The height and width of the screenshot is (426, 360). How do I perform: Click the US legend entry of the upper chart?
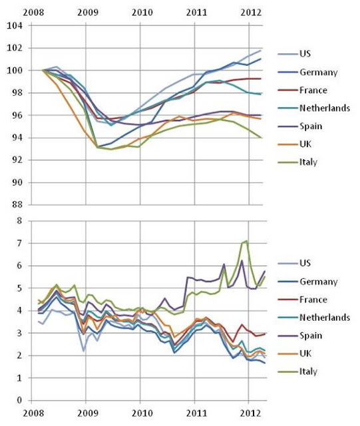tap(305, 54)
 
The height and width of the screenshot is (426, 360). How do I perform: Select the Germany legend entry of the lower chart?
tap(319, 282)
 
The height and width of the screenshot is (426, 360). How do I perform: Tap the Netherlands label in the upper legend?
tap(325, 108)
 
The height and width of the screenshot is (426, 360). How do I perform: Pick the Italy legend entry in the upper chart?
tap(308, 162)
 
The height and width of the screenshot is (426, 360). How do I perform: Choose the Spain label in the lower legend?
tap(311, 335)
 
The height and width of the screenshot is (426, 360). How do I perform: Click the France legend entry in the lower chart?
tap(313, 300)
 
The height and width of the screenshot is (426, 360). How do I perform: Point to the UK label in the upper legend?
tap(305, 144)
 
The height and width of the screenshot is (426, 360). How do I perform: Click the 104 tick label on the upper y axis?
tap(15, 25)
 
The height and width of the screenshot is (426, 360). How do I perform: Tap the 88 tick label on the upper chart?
tap(17, 204)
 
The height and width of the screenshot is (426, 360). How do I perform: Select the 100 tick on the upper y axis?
tap(15, 71)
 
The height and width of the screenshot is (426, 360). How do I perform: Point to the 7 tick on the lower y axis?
tap(19, 243)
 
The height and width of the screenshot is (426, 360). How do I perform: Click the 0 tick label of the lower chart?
tap(19, 400)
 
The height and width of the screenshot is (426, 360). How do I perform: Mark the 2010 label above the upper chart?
tap(142, 13)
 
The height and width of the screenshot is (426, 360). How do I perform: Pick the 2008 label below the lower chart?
tap(33, 413)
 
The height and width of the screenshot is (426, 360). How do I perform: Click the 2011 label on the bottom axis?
tap(196, 413)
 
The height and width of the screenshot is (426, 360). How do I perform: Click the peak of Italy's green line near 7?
tap(246, 241)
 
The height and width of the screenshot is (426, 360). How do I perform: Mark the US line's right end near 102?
tap(261, 51)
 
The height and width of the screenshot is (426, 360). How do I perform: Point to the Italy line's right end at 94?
tap(261, 138)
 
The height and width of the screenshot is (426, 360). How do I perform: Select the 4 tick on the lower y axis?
tap(19, 311)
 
